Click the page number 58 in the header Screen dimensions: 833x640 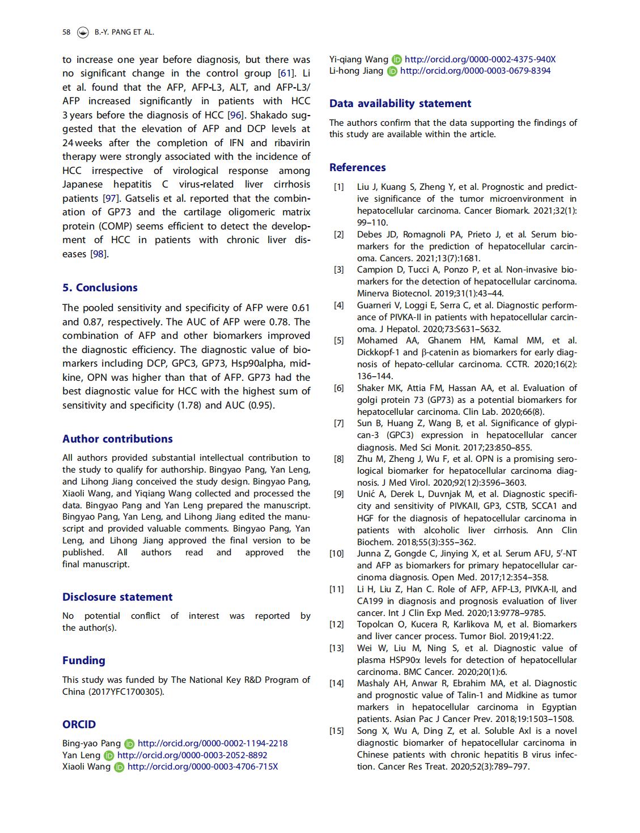[x=66, y=32]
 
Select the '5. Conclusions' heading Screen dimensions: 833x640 [x=100, y=287]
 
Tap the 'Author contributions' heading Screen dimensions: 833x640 [x=117, y=439]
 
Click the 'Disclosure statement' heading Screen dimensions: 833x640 [x=117, y=597]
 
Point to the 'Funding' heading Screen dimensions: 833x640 [x=84, y=660]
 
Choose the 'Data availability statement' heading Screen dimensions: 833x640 [x=400, y=103]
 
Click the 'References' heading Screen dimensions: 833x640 [x=357, y=167]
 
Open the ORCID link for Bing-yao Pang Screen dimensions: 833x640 [x=213, y=743]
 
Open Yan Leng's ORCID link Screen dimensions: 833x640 [x=192, y=755]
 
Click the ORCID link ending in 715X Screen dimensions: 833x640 [x=202, y=767]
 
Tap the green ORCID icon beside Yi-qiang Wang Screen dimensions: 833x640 [x=397, y=59]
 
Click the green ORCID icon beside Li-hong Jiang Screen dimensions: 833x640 [x=392, y=71]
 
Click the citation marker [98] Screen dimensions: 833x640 [x=99, y=254]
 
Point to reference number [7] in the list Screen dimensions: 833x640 [x=338, y=423]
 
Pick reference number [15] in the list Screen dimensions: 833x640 [x=337, y=731]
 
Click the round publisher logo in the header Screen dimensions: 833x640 [x=83, y=32]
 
